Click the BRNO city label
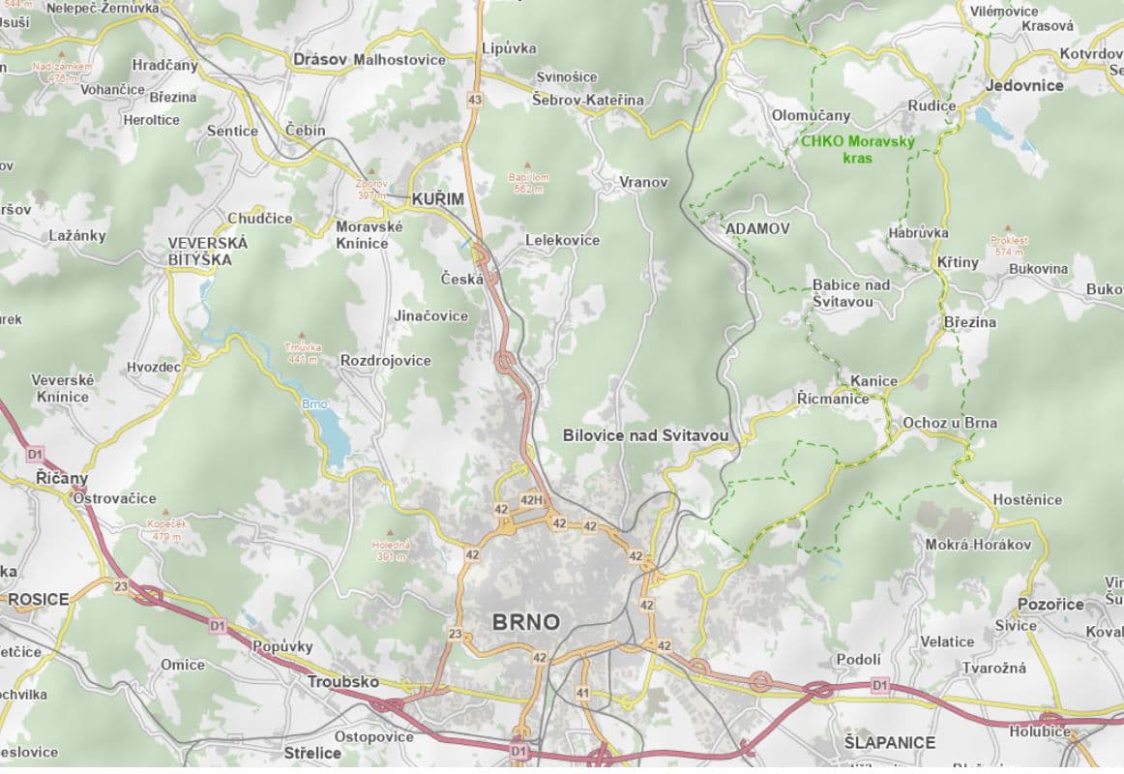click(526, 622)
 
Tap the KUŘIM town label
click(437, 199)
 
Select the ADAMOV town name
click(757, 229)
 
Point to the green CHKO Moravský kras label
click(857, 149)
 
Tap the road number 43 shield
click(474, 100)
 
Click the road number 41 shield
click(582, 693)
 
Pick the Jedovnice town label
click(1024, 85)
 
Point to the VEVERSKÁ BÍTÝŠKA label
click(207, 252)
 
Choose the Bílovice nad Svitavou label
click(645, 436)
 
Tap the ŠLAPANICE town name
click(889, 743)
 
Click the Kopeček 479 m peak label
click(166, 530)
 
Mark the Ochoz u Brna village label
click(949, 423)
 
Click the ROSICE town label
click(39, 600)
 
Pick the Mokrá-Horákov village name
click(978, 545)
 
